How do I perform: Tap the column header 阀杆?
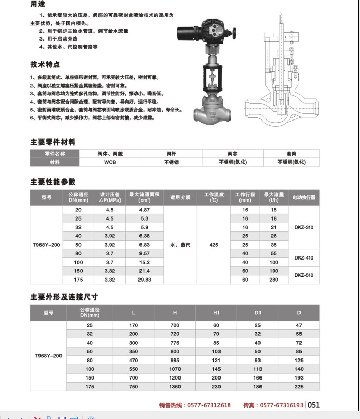(x=171, y=153)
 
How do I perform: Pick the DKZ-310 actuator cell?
(x=304, y=227)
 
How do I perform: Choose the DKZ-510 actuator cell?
(x=304, y=275)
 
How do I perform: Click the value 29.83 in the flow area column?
(x=144, y=280)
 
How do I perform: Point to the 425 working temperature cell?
(x=213, y=245)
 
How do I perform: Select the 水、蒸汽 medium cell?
(x=180, y=245)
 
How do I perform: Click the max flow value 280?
(x=274, y=280)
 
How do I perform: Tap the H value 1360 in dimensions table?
(x=175, y=386)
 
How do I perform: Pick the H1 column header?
(x=216, y=312)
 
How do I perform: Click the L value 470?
(x=134, y=360)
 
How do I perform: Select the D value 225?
(x=299, y=386)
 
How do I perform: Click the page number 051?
(x=313, y=405)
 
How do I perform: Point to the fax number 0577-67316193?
(x=281, y=405)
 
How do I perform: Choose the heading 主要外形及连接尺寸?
(x=64, y=296)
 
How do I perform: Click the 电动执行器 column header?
(x=304, y=197)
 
